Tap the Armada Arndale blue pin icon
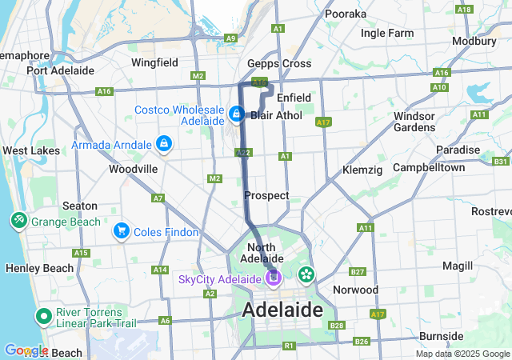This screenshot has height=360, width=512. tap(163, 143)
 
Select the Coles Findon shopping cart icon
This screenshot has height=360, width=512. tap(121, 231)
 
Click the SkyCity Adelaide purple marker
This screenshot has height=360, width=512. tap(274, 278)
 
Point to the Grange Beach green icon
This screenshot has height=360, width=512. tap(18, 220)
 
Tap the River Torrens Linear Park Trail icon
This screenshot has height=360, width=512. tap(42, 317)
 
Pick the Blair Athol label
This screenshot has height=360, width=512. tap(276, 115)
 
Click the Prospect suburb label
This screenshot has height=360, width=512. tap(266, 196)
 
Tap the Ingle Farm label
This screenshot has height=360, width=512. tap(387, 34)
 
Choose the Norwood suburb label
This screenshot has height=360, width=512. tap(355, 290)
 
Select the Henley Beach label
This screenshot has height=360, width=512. tap(32, 267)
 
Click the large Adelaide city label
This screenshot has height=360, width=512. tap(282, 310)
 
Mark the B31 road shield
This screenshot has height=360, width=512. tap(501, 162)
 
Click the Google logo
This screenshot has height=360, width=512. tap(26, 350)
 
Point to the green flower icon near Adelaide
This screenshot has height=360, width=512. tap(306, 275)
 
